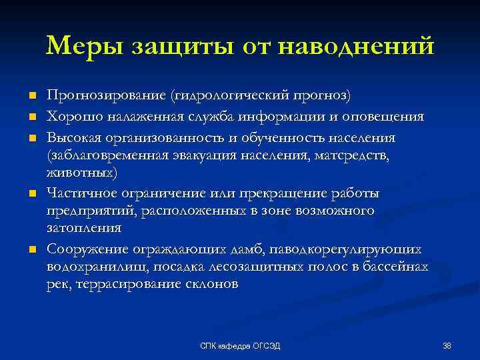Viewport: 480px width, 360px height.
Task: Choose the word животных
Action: (x=82, y=173)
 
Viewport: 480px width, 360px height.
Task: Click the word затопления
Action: (x=84, y=228)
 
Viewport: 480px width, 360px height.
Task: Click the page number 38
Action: (x=447, y=345)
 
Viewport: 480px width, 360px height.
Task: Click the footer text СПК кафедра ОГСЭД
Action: (x=241, y=345)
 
